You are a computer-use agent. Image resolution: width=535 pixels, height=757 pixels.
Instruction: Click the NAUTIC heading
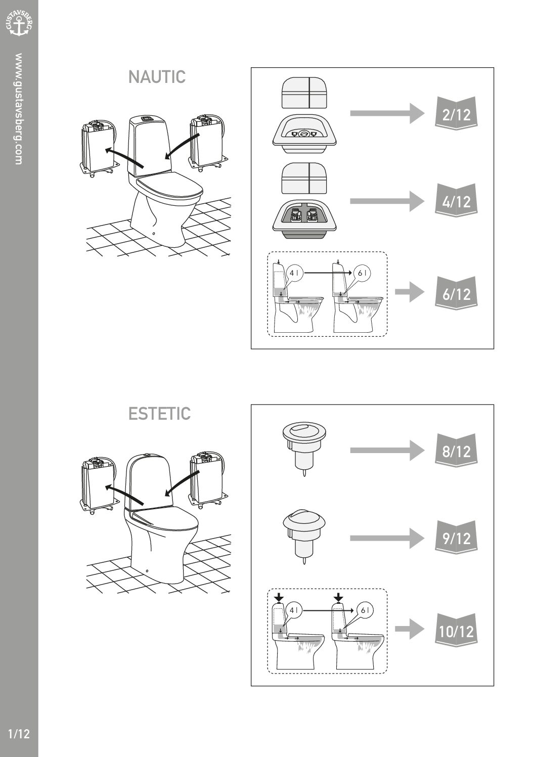coord(157,77)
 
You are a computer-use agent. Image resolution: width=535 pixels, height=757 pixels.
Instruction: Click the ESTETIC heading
coord(159,413)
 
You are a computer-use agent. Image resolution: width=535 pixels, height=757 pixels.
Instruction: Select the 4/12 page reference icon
coord(456,201)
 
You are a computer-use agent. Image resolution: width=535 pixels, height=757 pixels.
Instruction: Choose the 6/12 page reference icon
coord(456,293)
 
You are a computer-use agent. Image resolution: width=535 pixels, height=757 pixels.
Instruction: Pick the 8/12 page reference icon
coord(456,450)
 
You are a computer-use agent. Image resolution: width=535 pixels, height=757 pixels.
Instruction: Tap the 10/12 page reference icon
coord(456,630)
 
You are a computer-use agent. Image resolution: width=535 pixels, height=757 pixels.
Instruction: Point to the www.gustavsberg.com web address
coord(19,109)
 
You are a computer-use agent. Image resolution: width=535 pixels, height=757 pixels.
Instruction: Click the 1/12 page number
coord(19,734)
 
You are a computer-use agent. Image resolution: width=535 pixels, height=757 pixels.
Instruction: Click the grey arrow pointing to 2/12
coord(387,113)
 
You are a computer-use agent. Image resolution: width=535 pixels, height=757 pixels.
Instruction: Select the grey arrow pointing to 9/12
coord(387,538)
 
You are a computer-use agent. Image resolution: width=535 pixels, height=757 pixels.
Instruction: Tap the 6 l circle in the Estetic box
coord(364,610)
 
